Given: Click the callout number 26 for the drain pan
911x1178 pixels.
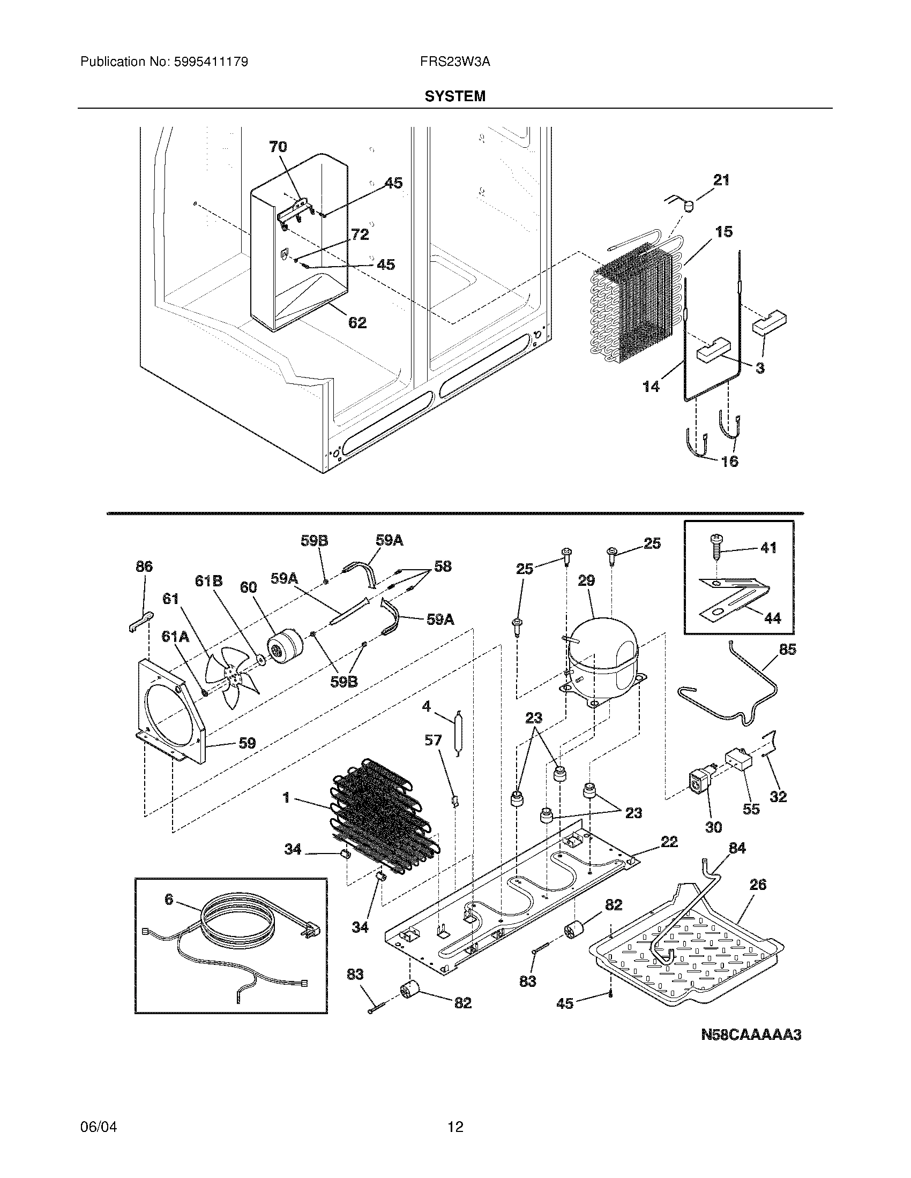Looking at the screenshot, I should [758, 884].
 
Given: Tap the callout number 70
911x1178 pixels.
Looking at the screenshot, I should [278, 147].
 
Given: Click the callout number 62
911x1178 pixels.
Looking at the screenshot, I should [357, 322].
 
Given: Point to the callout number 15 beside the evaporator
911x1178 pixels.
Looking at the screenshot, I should [724, 232].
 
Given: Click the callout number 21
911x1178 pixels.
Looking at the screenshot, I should [721, 180].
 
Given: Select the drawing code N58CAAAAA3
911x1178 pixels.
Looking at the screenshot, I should [751, 1034].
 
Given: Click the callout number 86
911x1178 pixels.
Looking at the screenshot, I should [144, 567].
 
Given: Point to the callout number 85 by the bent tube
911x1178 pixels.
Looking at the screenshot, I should [787, 650].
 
